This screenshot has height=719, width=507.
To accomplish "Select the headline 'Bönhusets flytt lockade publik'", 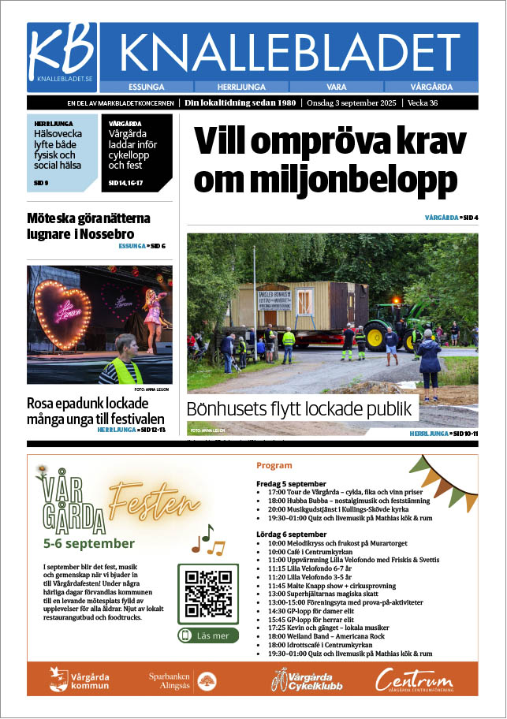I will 299,409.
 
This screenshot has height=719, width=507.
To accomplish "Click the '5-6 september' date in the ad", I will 89,543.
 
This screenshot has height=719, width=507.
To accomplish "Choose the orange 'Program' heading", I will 274,465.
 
